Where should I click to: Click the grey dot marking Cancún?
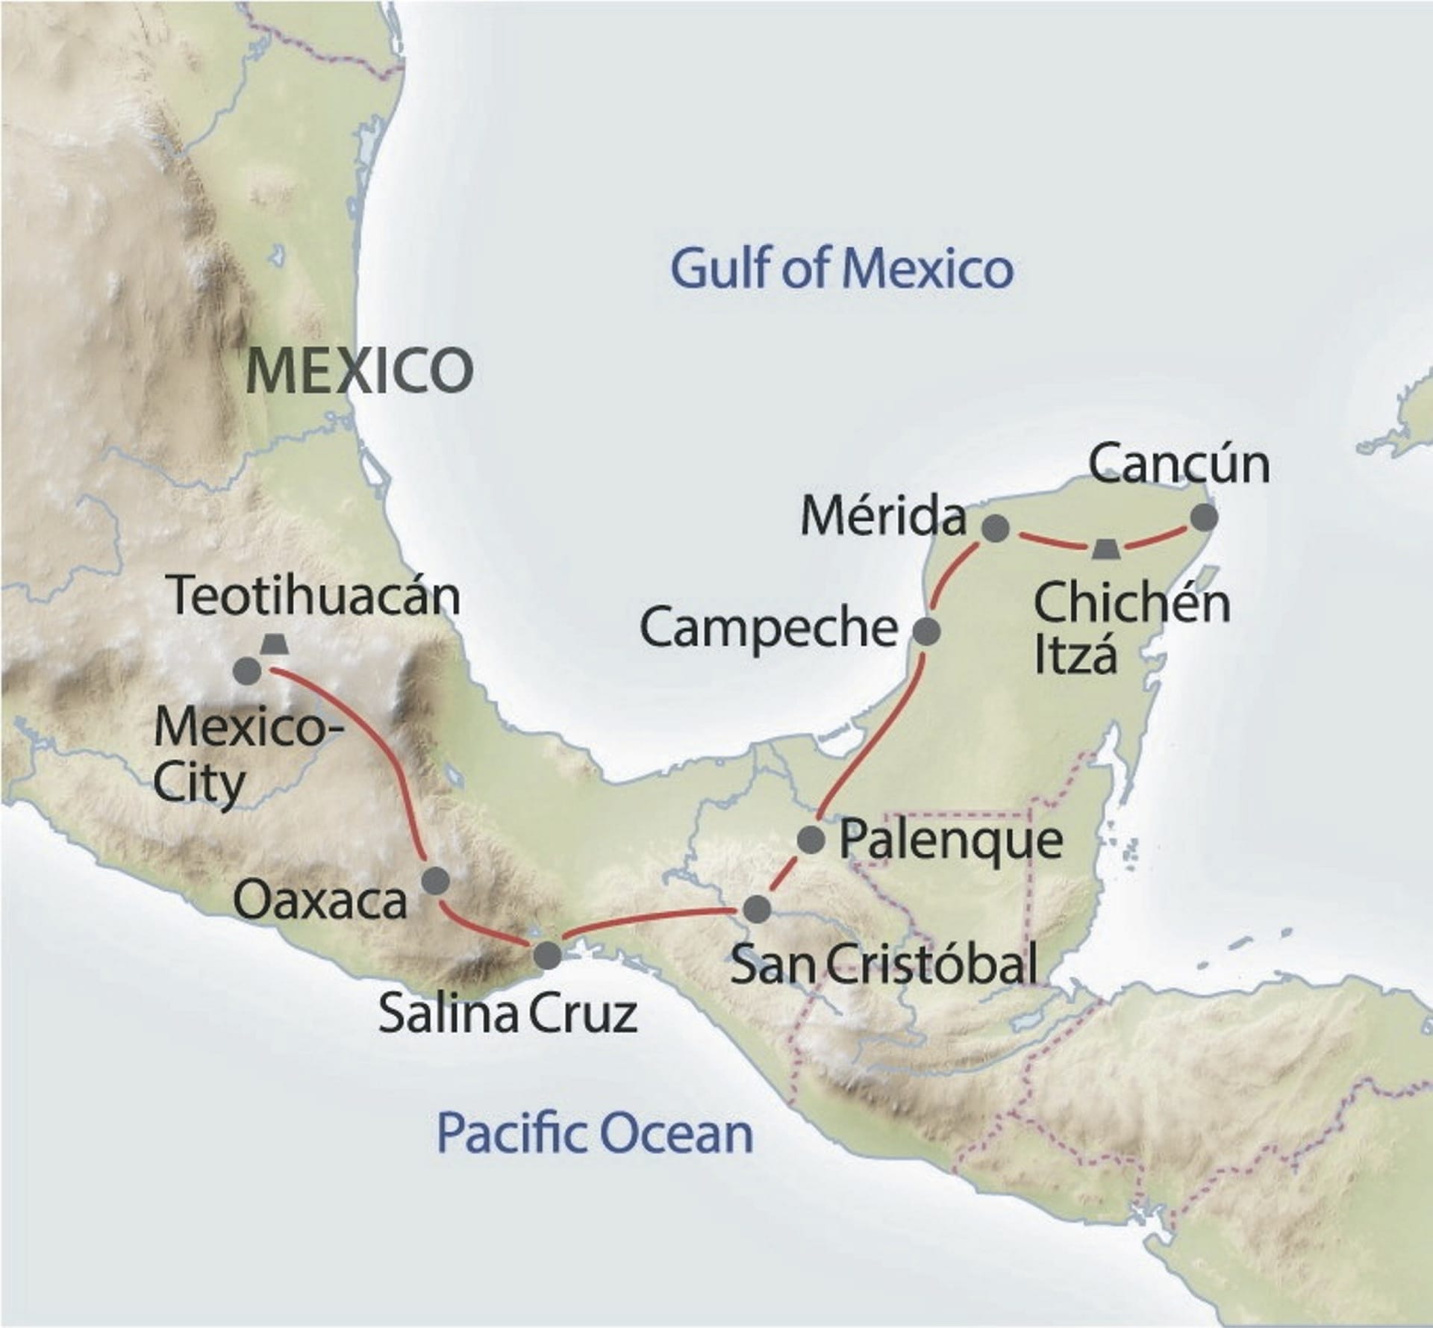coord(1204,517)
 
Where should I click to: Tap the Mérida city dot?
coord(995,529)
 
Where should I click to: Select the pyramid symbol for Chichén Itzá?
coord(1105,549)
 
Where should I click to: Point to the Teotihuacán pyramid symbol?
coord(275,644)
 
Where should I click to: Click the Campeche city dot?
coord(927,632)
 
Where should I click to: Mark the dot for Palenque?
coord(811,840)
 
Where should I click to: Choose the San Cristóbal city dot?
coord(757,908)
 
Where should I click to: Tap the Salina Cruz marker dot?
coord(548,956)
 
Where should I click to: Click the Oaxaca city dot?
coord(436,881)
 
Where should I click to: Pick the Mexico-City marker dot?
coord(248,671)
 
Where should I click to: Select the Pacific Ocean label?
coord(595,1132)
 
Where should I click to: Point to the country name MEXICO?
coord(359,371)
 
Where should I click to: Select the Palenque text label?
coord(951,841)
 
